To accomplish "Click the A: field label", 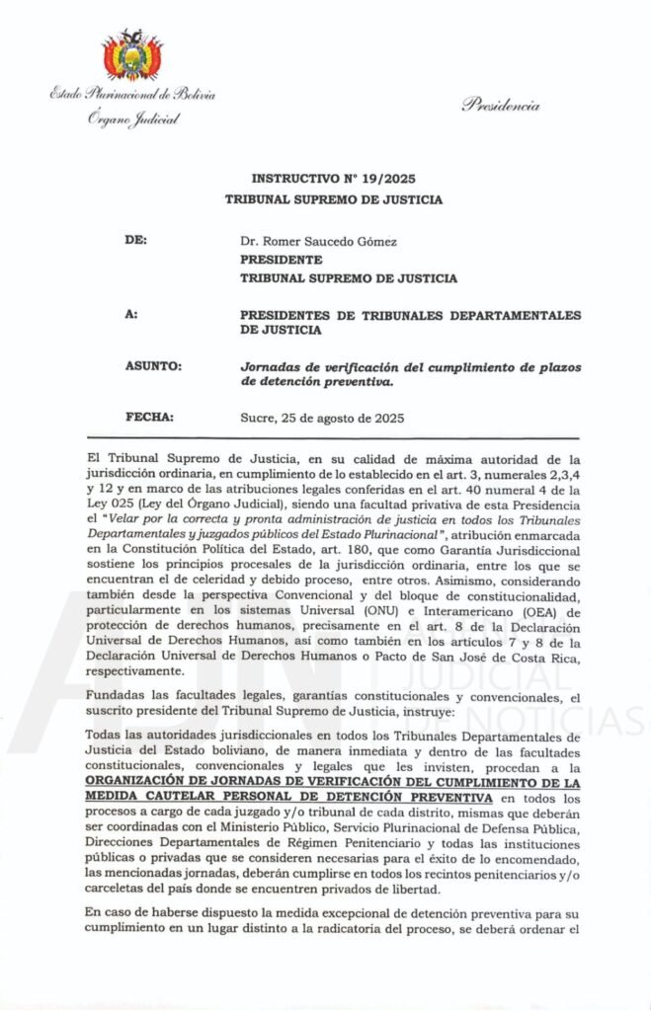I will click(x=132, y=315).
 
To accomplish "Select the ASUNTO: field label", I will click(x=153, y=366).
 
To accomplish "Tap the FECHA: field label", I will click(x=149, y=418).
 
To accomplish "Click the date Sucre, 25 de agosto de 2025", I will click(x=322, y=419).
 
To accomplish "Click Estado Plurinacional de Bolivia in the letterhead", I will click(x=132, y=95).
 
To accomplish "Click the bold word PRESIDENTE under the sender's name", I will click(x=282, y=260).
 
